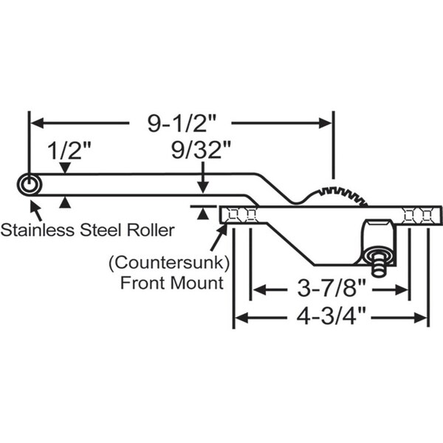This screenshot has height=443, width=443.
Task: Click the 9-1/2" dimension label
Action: point(182,123)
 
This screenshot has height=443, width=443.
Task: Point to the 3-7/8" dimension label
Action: point(331,288)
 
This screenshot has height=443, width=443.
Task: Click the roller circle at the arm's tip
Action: point(29,185)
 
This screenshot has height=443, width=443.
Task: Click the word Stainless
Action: point(38,230)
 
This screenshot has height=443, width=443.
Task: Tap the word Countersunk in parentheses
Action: point(170,264)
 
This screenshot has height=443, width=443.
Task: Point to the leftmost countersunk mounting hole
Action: point(233,216)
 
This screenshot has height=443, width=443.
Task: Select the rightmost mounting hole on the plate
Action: point(427,216)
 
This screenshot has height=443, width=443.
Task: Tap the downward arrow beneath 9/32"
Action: point(203,178)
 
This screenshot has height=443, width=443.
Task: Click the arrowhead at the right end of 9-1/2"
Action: point(325,123)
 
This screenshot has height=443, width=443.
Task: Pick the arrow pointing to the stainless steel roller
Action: point(35,210)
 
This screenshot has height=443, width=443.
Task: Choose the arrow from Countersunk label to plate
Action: point(219,237)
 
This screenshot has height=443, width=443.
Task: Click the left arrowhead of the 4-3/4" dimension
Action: point(241,317)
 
